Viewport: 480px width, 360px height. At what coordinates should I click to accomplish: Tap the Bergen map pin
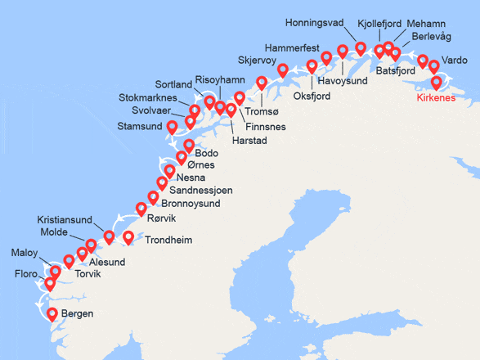(52, 314)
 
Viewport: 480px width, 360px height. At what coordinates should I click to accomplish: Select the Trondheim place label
(168, 241)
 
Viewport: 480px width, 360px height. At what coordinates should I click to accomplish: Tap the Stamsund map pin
(172, 128)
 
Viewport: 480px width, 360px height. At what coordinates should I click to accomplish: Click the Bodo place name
(207, 154)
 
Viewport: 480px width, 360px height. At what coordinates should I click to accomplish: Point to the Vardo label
(454, 61)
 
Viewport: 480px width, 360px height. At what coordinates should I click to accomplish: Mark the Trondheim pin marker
(128, 238)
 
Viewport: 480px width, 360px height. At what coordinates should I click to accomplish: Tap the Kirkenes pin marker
(436, 82)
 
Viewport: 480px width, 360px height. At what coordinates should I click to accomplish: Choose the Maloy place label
(25, 252)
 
